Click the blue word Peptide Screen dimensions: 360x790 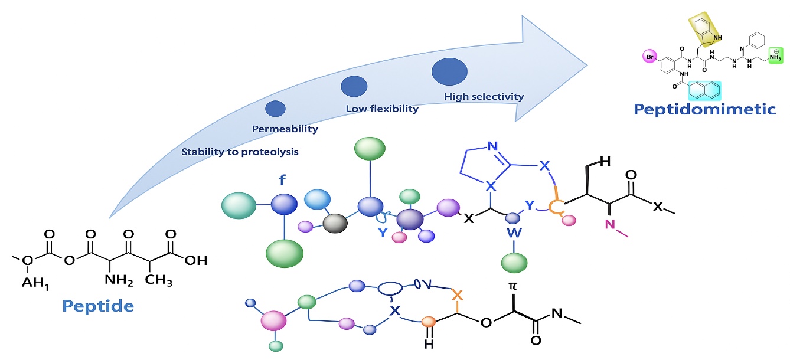[x=98, y=306]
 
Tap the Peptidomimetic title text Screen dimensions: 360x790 [x=704, y=109]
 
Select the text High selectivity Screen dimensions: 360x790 [x=484, y=96]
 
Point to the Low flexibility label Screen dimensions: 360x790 [x=382, y=109]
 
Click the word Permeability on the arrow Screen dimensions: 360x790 [x=285, y=129]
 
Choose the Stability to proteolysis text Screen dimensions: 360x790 [x=240, y=152]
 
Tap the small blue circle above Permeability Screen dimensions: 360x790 [x=275, y=109]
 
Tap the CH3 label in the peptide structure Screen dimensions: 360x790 [x=159, y=281]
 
